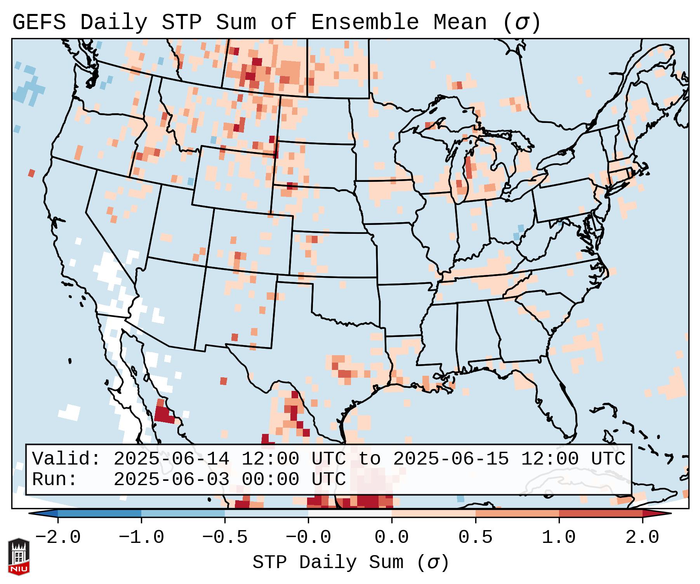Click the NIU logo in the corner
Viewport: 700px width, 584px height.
point(19,556)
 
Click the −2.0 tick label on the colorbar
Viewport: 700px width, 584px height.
point(58,537)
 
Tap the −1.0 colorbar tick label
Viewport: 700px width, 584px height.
point(141,537)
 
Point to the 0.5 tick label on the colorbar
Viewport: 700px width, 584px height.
point(475,537)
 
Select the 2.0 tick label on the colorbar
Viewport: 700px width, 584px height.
point(642,537)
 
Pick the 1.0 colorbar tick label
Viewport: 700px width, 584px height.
point(559,537)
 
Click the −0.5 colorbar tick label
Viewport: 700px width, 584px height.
point(225,537)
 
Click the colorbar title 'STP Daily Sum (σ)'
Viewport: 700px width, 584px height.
point(351,562)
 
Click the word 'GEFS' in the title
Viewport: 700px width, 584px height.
point(39,22)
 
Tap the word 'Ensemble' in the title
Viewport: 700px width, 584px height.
point(365,22)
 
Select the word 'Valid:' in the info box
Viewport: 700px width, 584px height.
point(66,459)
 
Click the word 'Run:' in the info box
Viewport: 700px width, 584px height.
point(55,479)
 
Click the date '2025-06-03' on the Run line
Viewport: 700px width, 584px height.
point(171,479)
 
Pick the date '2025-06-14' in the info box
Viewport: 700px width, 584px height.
point(171,459)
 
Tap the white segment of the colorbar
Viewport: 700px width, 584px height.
point(350,513)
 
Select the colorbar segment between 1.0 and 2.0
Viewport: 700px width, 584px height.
point(601,513)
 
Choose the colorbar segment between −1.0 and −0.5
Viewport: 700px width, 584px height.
point(183,513)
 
